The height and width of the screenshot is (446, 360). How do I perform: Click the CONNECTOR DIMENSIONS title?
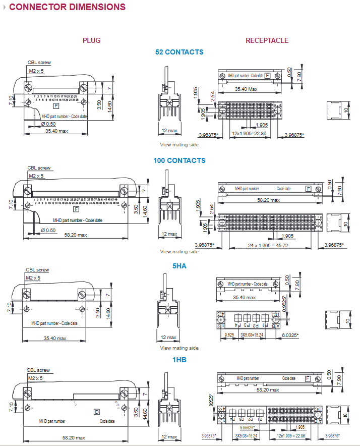tap(68, 7)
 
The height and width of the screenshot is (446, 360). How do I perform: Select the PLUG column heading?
tap(91, 40)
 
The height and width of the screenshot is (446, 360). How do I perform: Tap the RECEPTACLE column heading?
tap(267, 40)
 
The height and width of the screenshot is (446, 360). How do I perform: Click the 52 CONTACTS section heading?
tap(179, 52)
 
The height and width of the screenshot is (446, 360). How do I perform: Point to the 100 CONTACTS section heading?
tap(179, 160)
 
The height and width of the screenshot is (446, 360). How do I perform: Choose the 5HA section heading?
tap(179, 266)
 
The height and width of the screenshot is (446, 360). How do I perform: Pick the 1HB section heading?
tap(179, 360)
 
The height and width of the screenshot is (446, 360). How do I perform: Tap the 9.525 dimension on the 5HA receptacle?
tap(229, 334)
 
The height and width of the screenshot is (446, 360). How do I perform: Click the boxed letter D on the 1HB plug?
tap(97, 412)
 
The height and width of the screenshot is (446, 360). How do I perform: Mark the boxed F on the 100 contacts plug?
tap(76, 209)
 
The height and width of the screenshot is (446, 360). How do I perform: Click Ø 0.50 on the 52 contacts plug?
tap(48, 124)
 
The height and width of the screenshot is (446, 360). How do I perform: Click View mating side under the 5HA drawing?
tap(179, 348)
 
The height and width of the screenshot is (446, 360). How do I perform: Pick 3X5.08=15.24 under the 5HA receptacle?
tap(251, 334)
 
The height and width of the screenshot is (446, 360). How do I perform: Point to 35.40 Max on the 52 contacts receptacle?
tap(247, 89)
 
